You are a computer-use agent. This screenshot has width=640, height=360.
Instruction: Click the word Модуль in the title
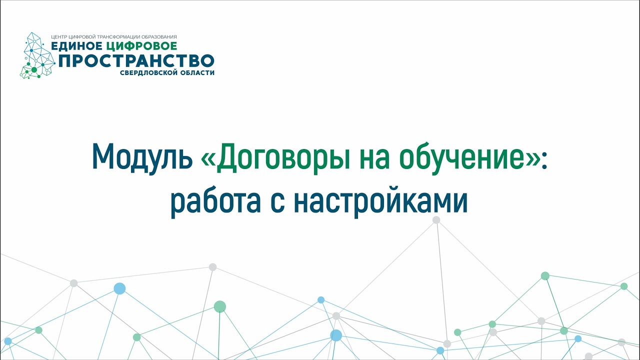point(142,157)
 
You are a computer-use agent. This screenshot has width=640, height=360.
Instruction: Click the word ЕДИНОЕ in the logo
point(76,46)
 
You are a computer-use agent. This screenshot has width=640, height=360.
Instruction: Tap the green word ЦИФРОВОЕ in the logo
point(141,46)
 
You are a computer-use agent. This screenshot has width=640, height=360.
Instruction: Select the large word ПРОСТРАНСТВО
point(136,60)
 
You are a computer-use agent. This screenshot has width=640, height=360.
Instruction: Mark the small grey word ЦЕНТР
point(59,37)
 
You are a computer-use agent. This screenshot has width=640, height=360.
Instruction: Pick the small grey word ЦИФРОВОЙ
point(82,37)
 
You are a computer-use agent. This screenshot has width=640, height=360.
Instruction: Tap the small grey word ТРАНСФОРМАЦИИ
point(119,37)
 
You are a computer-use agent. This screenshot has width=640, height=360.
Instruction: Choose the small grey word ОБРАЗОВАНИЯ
point(159,37)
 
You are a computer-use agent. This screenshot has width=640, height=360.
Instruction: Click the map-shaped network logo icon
point(37,55)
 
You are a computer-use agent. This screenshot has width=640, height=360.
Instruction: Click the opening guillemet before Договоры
point(207,160)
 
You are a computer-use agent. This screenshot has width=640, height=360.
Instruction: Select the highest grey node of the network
point(436,220)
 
